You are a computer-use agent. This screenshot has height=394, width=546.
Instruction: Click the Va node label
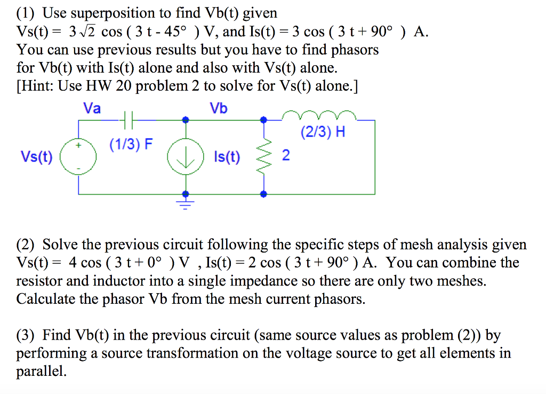92,108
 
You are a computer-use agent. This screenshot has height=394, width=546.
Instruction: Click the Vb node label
219,108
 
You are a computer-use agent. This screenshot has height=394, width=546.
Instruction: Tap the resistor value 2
286,156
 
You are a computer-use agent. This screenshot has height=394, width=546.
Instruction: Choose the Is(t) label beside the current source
227,157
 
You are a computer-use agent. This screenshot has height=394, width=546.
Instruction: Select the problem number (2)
27,245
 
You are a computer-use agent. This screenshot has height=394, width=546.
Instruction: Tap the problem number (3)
27,335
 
